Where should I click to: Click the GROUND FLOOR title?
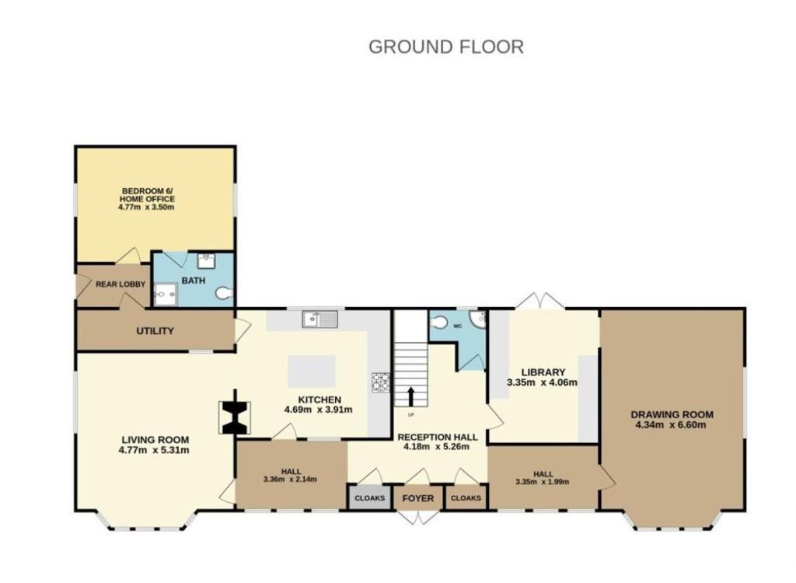point(445,47)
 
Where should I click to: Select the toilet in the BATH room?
point(224,293)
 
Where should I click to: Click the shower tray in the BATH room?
point(166,295)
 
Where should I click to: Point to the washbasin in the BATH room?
point(206,260)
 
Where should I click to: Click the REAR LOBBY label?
point(120,285)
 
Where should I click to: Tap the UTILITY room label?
point(155,331)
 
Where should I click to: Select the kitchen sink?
point(319,319)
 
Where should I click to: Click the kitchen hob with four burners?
point(381,382)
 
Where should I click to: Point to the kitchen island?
point(312,372)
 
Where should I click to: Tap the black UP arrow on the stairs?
point(410,396)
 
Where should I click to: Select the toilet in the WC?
point(438,323)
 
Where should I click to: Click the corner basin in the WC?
point(478,319)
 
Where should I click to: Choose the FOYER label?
point(417,499)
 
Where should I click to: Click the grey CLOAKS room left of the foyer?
point(369,497)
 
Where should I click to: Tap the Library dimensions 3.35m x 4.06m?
point(542,382)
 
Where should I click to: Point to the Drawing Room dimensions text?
point(671,424)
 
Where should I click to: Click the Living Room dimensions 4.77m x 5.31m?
point(154,450)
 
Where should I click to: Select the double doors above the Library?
point(540,301)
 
